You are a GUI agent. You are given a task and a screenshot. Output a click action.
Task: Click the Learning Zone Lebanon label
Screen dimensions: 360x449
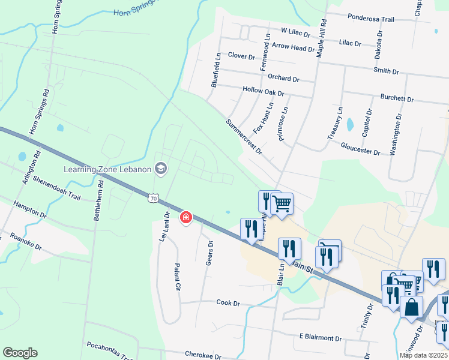[107, 169]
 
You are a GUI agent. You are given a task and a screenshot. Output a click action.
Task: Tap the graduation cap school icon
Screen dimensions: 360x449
[160, 169]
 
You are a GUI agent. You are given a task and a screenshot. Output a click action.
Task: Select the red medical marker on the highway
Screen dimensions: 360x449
[186, 217]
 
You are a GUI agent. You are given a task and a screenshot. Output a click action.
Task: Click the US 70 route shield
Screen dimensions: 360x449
[154, 197]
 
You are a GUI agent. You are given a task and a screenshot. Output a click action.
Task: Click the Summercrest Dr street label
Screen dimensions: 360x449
[244, 136]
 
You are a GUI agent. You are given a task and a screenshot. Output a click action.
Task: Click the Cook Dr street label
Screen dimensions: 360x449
[228, 303]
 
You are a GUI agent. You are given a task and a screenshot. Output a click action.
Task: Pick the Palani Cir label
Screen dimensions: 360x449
[177, 277]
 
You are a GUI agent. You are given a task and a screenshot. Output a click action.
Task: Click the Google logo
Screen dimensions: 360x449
[20, 353]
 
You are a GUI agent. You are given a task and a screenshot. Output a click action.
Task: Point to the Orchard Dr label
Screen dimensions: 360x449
[283, 79]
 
